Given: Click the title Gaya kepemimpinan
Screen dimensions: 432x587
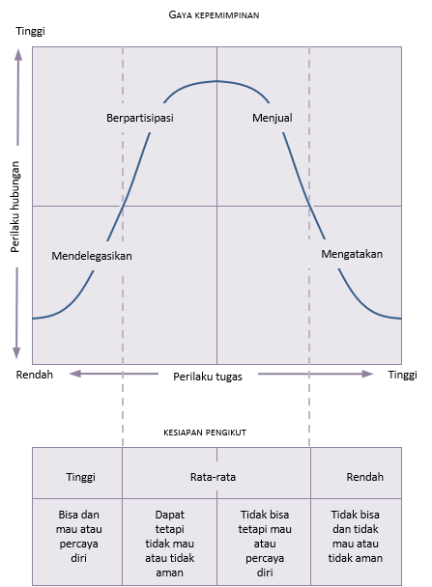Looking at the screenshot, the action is pyautogui.click(x=214, y=15).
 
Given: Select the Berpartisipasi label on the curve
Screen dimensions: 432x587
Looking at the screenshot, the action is pyautogui.click(x=140, y=118).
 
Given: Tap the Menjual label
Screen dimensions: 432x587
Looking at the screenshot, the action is pyautogui.click(x=273, y=118).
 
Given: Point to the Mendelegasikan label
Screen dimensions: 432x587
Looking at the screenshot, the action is pyautogui.click(x=92, y=256).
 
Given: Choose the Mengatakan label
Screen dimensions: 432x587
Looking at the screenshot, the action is pyautogui.click(x=352, y=254).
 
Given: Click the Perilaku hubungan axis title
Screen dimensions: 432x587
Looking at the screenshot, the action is pyautogui.click(x=14, y=207).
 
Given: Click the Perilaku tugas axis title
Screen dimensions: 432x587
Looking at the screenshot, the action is pyautogui.click(x=208, y=377).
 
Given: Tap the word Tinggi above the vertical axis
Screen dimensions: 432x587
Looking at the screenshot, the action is pyautogui.click(x=30, y=31).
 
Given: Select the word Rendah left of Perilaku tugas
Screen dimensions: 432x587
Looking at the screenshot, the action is pyautogui.click(x=35, y=375).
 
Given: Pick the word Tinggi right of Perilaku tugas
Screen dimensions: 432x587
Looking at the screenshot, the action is pyautogui.click(x=402, y=375).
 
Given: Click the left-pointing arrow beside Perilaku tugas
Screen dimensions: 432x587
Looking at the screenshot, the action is pyautogui.click(x=114, y=374).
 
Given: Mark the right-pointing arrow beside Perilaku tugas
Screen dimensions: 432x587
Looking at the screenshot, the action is pyautogui.click(x=315, y=374).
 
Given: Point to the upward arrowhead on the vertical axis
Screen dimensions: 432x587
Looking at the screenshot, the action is pyautogui.click(x=18, y=55).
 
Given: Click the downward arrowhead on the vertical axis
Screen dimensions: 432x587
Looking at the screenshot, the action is pyautogui.click(x=16, y=353).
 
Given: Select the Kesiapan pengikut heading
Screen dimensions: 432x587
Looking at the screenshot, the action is pyautogui.click(x=205, y=433).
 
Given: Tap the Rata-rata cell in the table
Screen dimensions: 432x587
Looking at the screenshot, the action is pyautogui.click(x=213, y=477).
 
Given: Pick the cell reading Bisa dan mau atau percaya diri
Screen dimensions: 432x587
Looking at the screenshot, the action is pyautogui.click(x=77, y=542).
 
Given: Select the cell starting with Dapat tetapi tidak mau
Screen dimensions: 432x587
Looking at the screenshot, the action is pyautogui.click(x=170, y=542).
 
